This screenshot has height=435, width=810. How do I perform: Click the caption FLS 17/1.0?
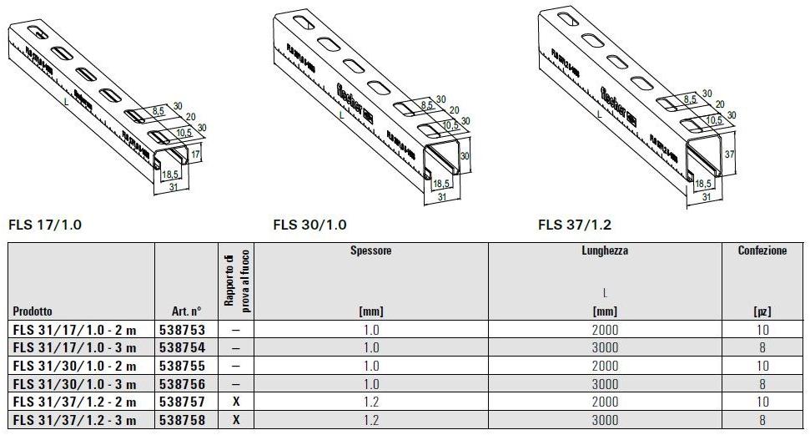tap(45, 225)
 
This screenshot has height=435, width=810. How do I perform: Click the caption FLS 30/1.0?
tap(309, 225)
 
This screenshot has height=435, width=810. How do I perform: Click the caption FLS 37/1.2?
tap(575, 225)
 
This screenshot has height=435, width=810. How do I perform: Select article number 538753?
tap(182, 330)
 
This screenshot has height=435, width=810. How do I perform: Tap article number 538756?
tap(182, 384)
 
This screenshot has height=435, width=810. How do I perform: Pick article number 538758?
tap(182, 421)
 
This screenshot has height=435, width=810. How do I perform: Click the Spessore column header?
tap(371, 250)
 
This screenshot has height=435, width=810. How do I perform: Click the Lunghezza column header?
tap(606, 250)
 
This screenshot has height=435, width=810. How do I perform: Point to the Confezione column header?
tap(762, 250)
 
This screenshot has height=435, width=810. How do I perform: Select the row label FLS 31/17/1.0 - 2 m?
tap(75, 330)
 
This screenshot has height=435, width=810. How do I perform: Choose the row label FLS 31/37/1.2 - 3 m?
tap(75, 421)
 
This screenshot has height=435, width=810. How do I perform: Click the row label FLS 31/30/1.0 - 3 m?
tap(75, 384)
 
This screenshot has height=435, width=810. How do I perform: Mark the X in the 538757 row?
tap(236, 402)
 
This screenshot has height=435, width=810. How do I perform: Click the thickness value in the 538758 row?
tap(371, 421)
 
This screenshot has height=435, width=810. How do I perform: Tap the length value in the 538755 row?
tap(606, 366)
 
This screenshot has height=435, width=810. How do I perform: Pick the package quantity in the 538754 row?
tap(762, 348)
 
